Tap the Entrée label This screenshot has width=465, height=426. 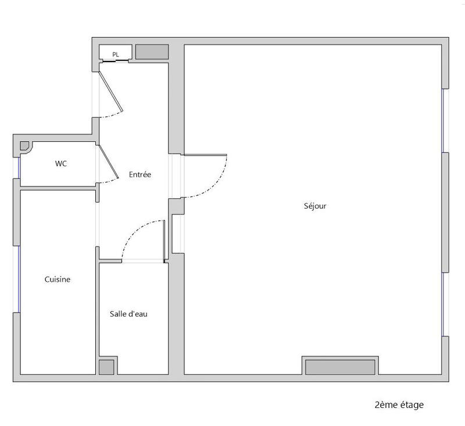coord(140,174)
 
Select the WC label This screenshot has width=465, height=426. coord(61,164)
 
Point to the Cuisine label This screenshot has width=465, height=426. coord(58,280)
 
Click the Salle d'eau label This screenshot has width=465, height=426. coord(128,314)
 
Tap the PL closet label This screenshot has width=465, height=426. coord(116,55)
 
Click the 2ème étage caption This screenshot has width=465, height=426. coord(399,404)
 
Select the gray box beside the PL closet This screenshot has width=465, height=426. coord(152,52)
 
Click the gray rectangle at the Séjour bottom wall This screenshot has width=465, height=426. coord(340,367)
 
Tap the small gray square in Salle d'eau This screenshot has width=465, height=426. coord(106,367)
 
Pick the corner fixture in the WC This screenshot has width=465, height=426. coord(25,146)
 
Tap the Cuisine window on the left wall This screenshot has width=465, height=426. coord(18,279)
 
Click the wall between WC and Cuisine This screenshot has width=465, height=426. coord(58,187)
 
